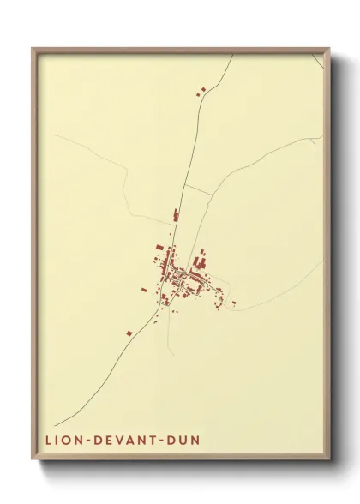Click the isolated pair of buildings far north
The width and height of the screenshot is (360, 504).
[202, 88]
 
